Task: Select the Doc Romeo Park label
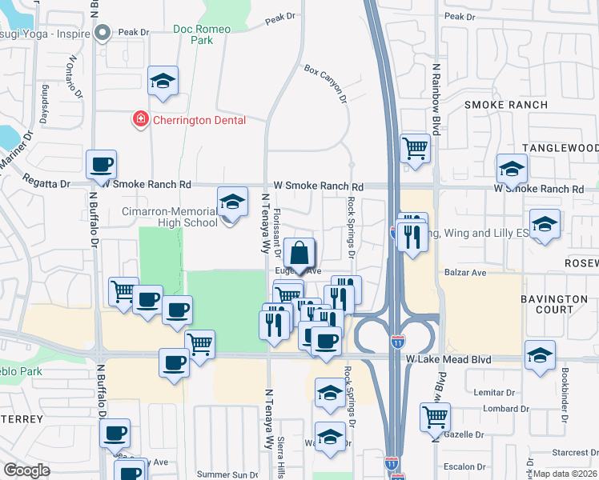202,35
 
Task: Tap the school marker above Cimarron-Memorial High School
232,201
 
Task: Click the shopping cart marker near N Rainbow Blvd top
415,148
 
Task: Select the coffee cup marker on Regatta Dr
102,165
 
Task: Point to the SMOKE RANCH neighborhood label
506,105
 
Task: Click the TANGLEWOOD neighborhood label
560,149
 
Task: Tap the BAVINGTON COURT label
554,304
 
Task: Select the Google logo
26,470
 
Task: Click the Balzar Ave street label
466,273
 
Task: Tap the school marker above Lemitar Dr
541,355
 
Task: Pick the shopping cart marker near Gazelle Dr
435,416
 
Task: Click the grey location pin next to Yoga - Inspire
103,33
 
